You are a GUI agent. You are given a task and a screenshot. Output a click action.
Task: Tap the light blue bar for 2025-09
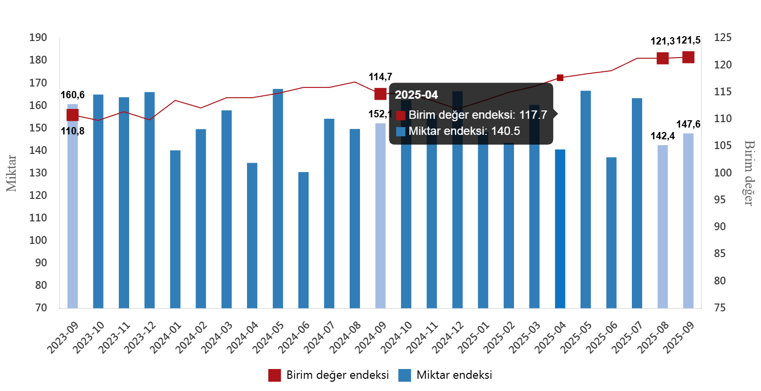coord(688,220)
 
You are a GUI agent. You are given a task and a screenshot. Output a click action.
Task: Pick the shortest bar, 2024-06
coord(304,240)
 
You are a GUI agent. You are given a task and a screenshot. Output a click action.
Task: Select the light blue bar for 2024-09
coord(380,216)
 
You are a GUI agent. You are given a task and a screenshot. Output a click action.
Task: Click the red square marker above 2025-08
coord(663,59)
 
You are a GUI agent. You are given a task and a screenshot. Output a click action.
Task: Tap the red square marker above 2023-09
coord(73,115)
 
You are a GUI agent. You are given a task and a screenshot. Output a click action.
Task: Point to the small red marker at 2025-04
coord(560,78)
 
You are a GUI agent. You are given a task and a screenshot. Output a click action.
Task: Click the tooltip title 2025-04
coord(416,95)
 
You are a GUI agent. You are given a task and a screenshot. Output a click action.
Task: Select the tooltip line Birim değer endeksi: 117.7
coord(477,115)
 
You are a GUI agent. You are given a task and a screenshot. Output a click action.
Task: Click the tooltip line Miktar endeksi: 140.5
coord(464,131)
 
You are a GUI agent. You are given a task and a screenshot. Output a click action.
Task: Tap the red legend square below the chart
coord(274,375)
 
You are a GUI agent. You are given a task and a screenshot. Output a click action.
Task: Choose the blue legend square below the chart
coord(404,375)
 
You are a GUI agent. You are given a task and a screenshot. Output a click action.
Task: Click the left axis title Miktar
coord(11,173)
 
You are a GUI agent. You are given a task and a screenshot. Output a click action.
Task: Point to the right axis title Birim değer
coord(748,173)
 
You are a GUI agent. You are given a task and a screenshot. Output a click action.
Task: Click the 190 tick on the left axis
coord(38,38)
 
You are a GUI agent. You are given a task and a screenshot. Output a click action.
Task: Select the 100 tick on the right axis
coord(722,173)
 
